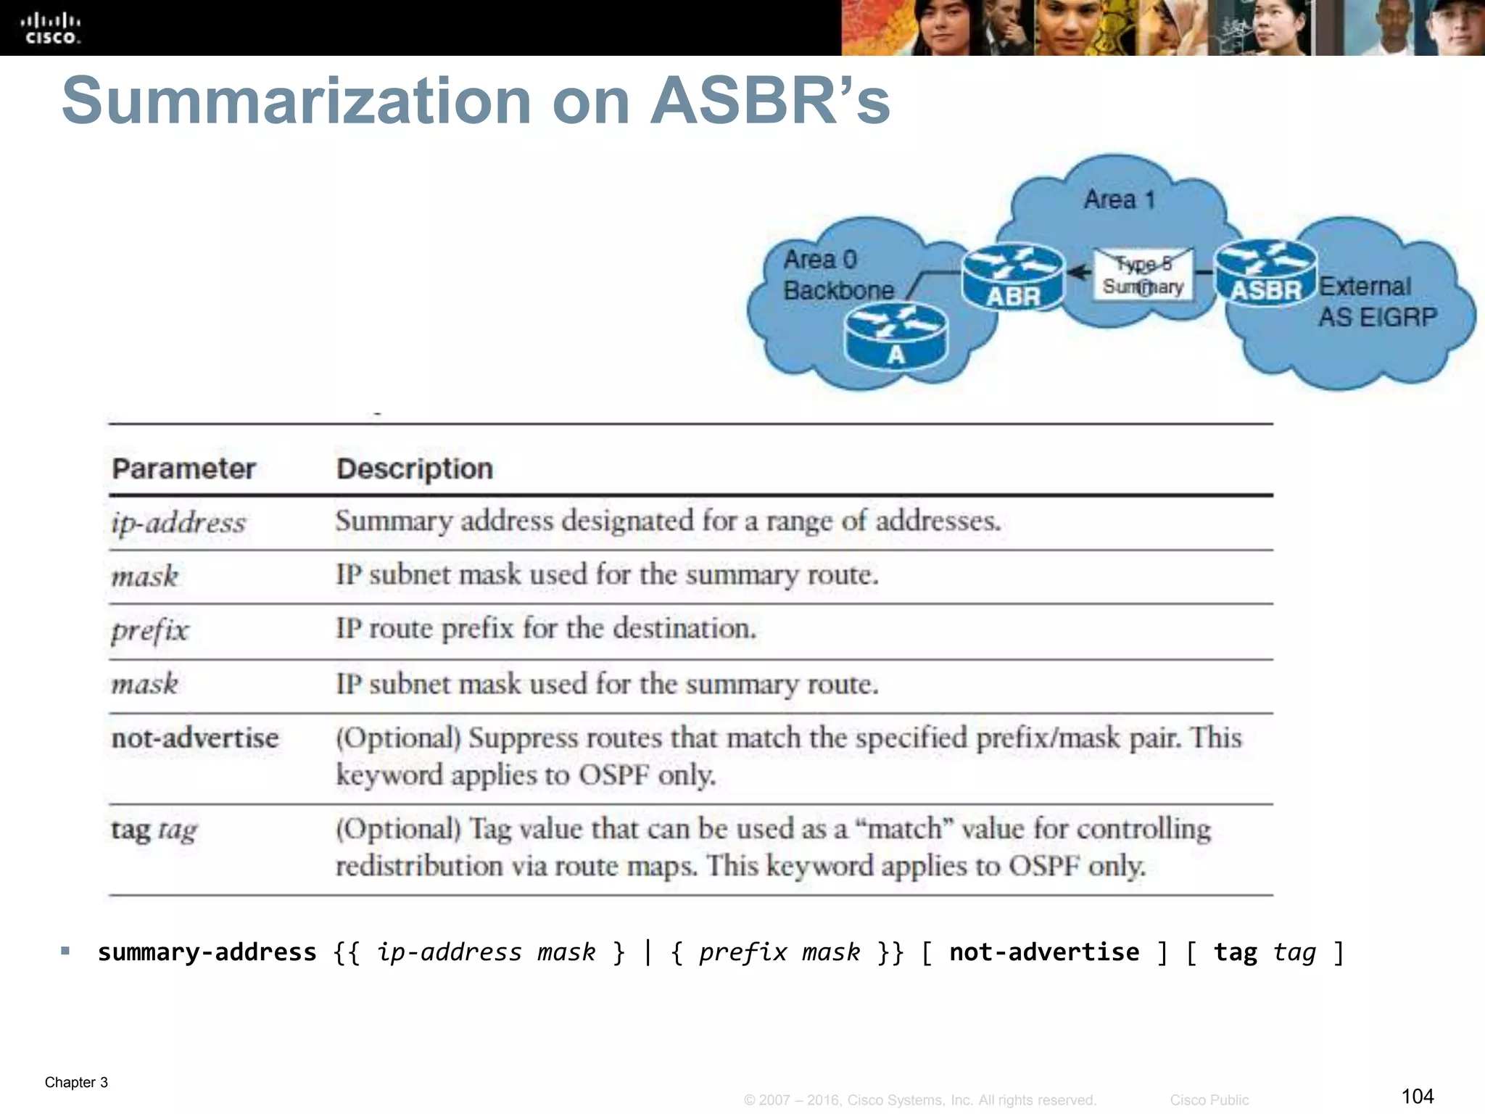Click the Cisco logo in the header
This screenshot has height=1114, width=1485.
tap(50, 29)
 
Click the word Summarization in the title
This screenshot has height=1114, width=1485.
tap(297, 102)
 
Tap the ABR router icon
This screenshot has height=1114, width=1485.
tap(1012, 277)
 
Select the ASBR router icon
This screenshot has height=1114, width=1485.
tap(1265, 272)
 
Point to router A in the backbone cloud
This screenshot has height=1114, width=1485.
tap(895, 335)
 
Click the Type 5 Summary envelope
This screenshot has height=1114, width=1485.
tap(1143, 276)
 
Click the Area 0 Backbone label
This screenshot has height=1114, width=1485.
tap(838, 275)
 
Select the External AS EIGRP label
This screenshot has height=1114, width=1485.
tap(1376, 302)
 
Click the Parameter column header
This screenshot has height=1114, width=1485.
tap(183, 469)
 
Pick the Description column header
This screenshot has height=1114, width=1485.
tap(415, 469)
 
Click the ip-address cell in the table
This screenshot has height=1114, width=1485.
tap(178, 523)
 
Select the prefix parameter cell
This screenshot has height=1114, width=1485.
tap(149, 630)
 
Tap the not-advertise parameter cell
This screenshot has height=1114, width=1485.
tap(194, 738)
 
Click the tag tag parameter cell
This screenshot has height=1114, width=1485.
tap(154, 829)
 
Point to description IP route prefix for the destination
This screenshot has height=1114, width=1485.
tap(545, 628)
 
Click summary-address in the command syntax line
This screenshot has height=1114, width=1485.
tap(207, 952)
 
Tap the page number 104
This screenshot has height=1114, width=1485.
tap(1418, 1096)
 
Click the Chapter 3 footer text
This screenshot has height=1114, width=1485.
tap(76, 1082)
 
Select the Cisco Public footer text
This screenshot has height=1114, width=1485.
tap(1209, 1100)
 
